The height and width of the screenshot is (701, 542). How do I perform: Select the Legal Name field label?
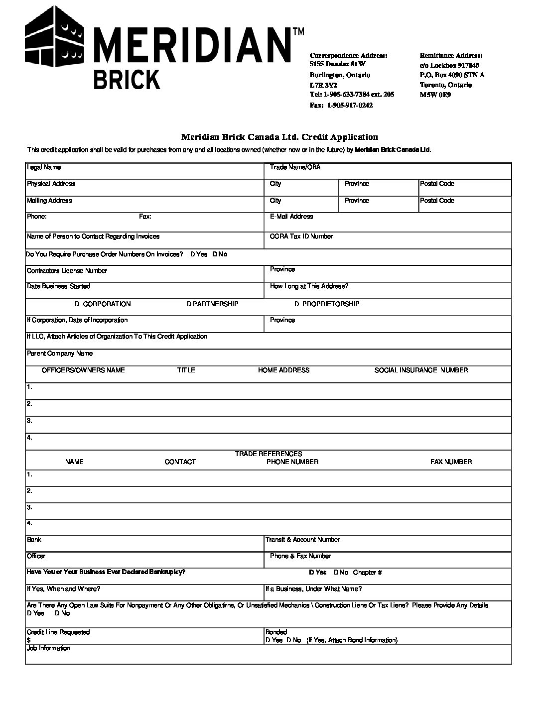click(44, 168)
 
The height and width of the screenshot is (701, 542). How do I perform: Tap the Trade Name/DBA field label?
click(295, 167)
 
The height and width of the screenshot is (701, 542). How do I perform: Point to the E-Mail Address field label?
click(291, 217)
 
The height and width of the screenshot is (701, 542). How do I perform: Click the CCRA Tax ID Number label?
click(301, 236)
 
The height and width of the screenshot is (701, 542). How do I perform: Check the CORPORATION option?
click(78, 304)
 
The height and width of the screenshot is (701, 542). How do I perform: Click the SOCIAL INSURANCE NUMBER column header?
click(421, 370)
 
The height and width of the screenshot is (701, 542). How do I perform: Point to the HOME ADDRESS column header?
click(283, 370)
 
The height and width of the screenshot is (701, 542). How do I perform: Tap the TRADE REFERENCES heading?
click(269, 454)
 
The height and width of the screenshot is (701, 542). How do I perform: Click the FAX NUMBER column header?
click(451, 462)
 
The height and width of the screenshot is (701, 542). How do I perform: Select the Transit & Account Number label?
click(302, 540)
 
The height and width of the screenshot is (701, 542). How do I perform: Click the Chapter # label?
click(367, 573)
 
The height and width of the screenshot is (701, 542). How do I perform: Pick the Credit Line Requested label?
click(58, 632)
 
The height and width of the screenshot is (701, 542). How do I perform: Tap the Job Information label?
click(48, 648)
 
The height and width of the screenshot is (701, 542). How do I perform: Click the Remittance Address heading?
click(451, 56)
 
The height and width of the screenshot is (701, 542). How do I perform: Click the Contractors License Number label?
click(67, 271)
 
